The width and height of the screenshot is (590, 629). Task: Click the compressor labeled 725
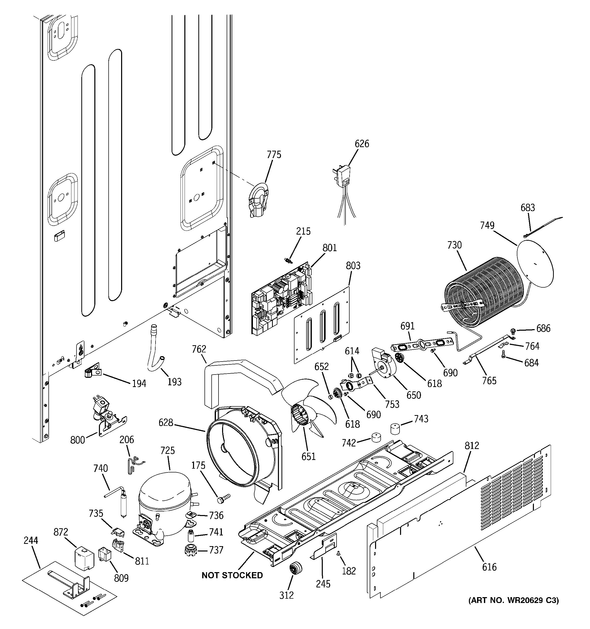tap(164, 503)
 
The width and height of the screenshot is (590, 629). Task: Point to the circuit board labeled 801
tap(281, 297)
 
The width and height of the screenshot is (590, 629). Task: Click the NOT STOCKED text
tap(232, 575)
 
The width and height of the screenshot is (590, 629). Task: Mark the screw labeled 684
tap(503, 356)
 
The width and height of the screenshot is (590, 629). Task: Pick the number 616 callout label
tap(489, 567)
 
